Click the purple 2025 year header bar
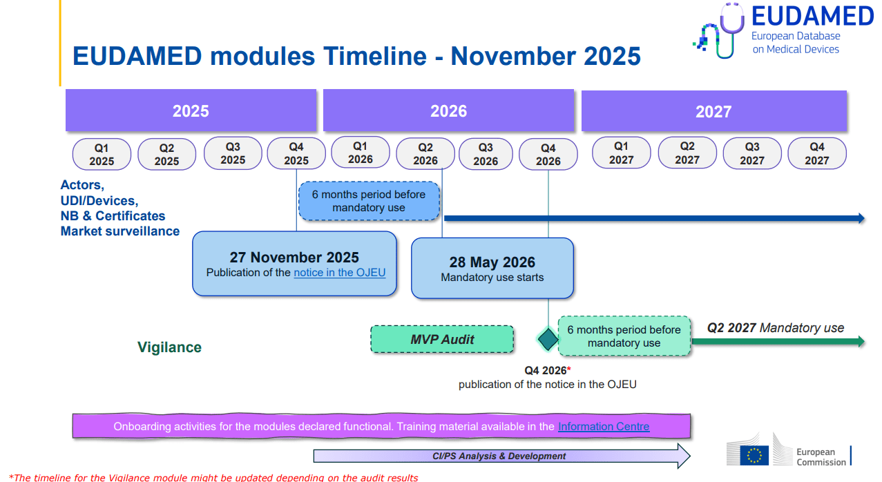[191, 110]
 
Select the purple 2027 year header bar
[713, 110]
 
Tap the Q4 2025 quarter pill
[296, 153]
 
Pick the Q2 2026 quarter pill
[425, 153]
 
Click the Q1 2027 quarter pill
[621, 153]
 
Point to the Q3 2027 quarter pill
[751, 153]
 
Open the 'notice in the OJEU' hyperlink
[339, 273]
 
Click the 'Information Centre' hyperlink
[603, 427]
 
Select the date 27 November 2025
[294, 258]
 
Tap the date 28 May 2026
[492, 262]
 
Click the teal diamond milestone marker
[548, 339]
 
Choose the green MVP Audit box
[442, 339]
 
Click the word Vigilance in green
[169, 347]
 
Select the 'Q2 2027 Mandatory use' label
[775, 328]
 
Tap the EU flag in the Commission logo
[754, 454]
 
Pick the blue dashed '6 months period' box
[369, 201]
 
